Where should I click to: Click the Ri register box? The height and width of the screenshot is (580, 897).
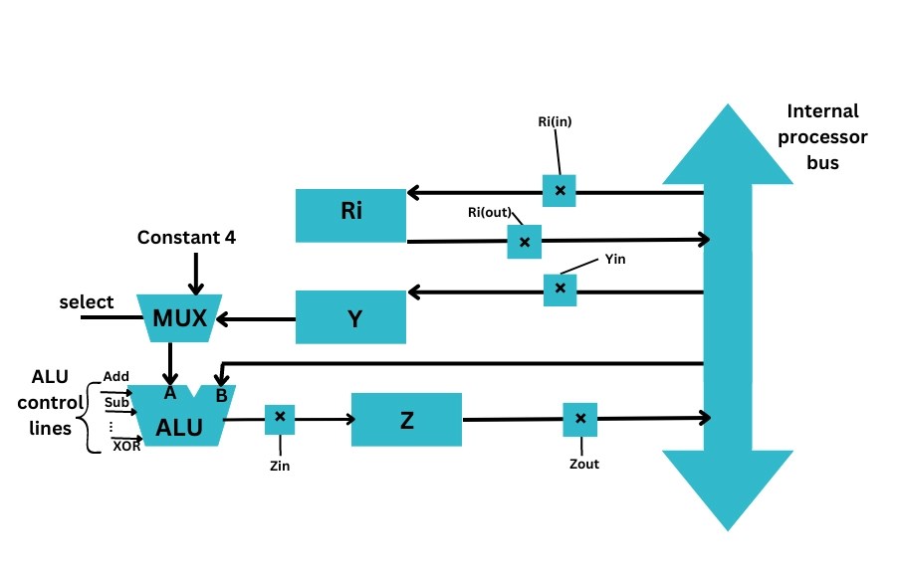click(351, 214)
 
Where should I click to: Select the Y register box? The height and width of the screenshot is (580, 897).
click(351, 316)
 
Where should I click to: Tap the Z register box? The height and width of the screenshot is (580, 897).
click(406, 420)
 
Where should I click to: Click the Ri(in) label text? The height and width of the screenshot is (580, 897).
click(556, 122)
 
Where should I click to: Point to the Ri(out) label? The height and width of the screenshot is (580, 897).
click(490, 212)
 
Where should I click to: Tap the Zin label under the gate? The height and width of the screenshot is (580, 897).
click(280, 464)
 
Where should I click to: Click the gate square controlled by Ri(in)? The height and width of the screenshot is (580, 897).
click(560, 190)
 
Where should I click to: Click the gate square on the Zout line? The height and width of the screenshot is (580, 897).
click(579, 419)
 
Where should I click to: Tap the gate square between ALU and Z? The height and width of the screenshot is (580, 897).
click(280, 419)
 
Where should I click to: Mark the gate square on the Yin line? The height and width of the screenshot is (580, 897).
click(560, 290)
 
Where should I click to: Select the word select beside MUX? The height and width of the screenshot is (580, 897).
click(87, 300)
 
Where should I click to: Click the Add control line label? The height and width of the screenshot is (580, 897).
click(115, 377)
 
